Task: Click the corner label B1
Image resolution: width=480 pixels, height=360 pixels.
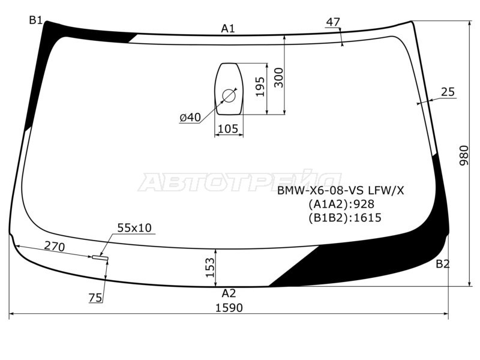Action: click(x=35, y=20)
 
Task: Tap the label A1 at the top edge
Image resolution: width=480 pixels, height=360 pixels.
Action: click(x=228, y=29)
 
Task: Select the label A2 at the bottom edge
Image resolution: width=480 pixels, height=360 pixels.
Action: click(x=229, y=293)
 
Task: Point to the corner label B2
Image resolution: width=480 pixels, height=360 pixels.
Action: click(x=443, y=264)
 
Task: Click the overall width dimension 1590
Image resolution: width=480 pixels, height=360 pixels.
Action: click(x=229, y=308)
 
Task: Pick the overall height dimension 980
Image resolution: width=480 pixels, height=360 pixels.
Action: click(x=464, y=155)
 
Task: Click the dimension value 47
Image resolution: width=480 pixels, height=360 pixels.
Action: click(x=333, y=22)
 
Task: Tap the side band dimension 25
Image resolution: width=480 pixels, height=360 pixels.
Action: click(x=448, y=92)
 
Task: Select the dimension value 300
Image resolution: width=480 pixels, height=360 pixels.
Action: click(x=279, y=78)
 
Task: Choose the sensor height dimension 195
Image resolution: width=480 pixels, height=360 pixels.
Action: click(x=260, y=87)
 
